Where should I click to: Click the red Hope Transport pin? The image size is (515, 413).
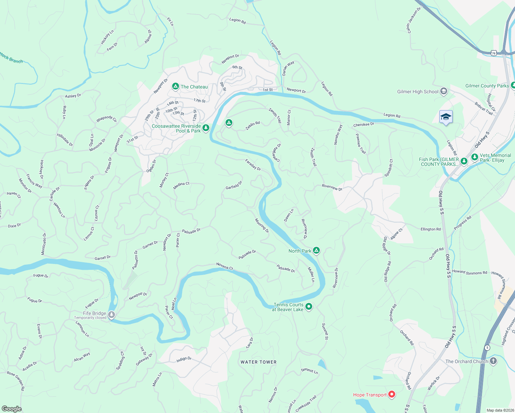(391, 394)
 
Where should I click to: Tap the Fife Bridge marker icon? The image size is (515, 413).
(112, 315)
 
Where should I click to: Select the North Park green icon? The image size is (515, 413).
(316, 251)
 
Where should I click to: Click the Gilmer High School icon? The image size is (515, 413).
(444, 91)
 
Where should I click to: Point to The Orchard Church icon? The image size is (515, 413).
(493, 361)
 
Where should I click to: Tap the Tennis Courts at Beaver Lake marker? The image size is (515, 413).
(309, 306)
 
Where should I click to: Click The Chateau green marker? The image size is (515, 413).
(175, 86)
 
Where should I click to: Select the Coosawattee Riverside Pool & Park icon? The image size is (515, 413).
(206, 128)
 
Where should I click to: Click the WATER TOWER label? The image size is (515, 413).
(259, 362)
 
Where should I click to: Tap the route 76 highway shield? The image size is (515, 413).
(494, 53)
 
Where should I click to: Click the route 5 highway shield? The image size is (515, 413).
(487, 348)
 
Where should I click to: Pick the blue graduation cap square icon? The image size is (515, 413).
(446, 117)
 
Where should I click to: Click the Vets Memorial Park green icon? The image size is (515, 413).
(474, 157)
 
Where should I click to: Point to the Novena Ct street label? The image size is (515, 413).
(224, 266)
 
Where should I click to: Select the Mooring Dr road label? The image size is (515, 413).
(262, 226)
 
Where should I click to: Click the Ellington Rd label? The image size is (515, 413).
(430, 229)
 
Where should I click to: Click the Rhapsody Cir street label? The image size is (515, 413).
(107, 119)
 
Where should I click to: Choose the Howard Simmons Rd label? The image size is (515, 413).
(470, 272)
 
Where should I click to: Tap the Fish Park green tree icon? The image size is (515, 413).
(464, 161)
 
